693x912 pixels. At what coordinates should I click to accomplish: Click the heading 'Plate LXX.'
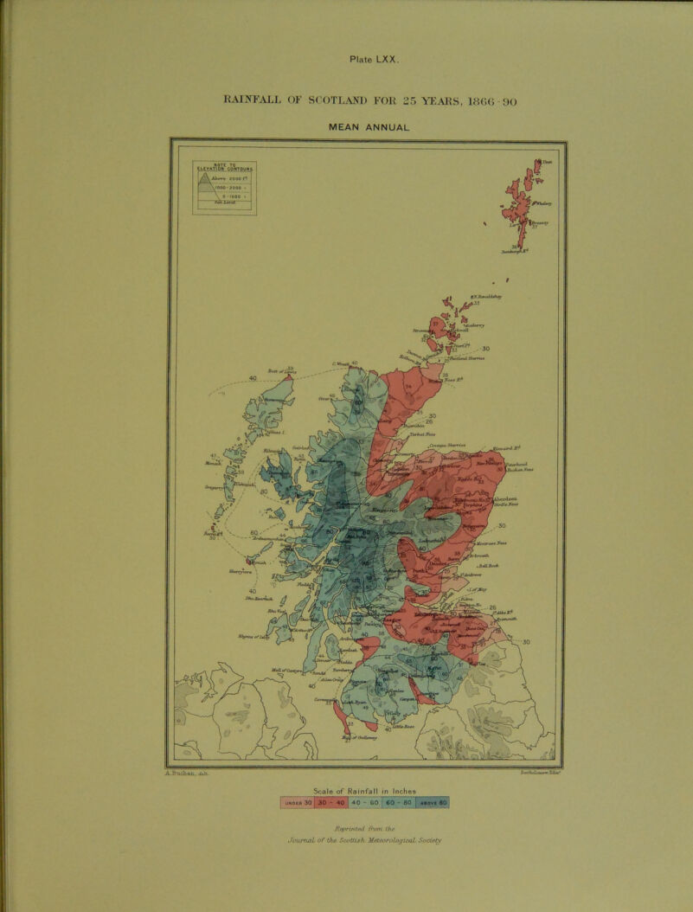pyautogui.click(x=374, y=60)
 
